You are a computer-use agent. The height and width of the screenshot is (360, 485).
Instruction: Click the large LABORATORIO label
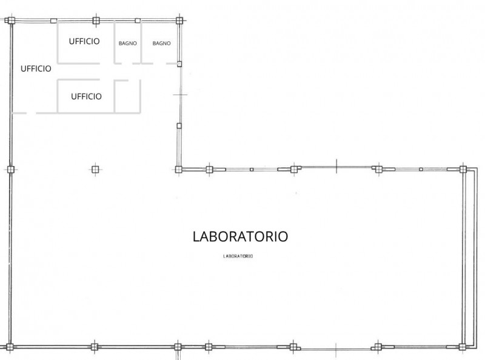point(240,236)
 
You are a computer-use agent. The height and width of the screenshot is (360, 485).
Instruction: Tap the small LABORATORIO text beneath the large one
point(238,256)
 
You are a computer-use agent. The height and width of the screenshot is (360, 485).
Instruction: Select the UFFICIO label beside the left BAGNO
point(84,41)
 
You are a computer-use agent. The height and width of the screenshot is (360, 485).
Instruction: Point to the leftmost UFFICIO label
point(36,68)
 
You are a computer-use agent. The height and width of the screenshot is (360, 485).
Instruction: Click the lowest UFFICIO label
point(86,96)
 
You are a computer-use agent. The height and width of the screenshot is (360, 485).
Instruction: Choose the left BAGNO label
point(127,43)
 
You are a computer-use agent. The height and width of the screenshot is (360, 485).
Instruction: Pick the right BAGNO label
point(161,43)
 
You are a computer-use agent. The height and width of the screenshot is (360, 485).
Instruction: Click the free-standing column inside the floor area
point(95,170)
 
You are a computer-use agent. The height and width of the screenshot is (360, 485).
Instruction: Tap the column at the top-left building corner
point(11,21)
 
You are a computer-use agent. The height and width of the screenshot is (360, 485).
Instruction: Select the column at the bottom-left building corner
point(10,347)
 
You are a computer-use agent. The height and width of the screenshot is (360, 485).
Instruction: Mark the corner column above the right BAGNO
point(179,21)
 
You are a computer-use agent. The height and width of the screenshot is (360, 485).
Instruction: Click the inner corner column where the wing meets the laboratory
point(178,170)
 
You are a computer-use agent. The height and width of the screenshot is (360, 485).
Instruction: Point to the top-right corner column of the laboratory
point(463,169)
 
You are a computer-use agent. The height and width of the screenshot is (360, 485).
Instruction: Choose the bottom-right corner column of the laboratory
point(463,347)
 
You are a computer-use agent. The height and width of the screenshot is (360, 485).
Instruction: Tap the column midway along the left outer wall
point(11,170)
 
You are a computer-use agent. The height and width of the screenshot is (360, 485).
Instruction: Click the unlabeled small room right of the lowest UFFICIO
point(127,96)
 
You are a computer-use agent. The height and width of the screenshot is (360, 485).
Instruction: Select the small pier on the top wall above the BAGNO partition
point(138,21)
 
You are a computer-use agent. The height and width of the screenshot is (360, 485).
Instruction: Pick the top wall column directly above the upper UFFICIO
point(96,21)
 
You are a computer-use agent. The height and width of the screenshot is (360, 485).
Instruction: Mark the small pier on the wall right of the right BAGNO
point(179,64)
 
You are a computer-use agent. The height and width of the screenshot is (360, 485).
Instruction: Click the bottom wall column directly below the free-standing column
point(95,347)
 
